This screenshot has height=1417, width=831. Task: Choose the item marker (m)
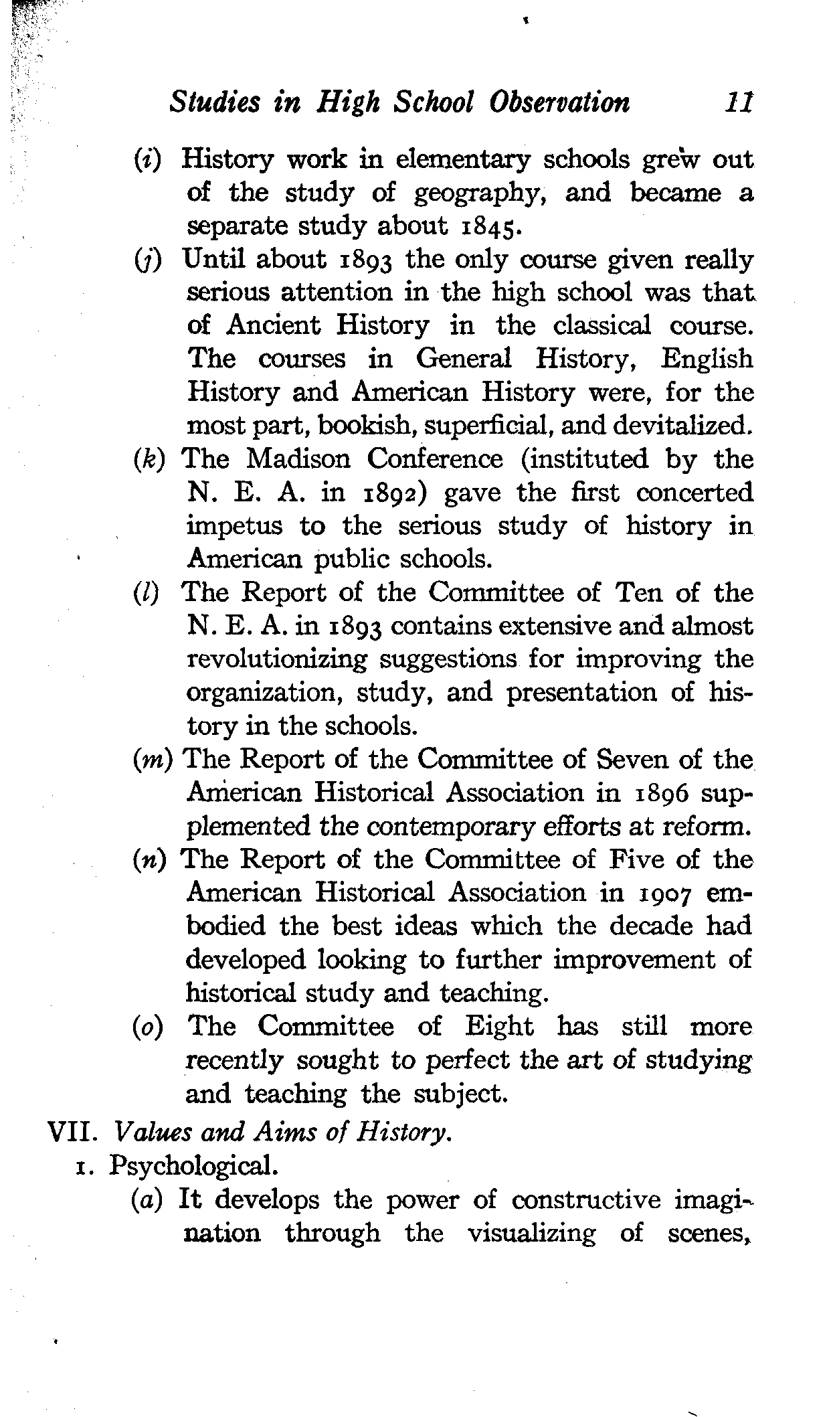[x=154, y=760]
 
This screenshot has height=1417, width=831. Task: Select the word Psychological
[x=193, y=1166]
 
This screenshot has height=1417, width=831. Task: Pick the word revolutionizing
[x=276, y=660]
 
